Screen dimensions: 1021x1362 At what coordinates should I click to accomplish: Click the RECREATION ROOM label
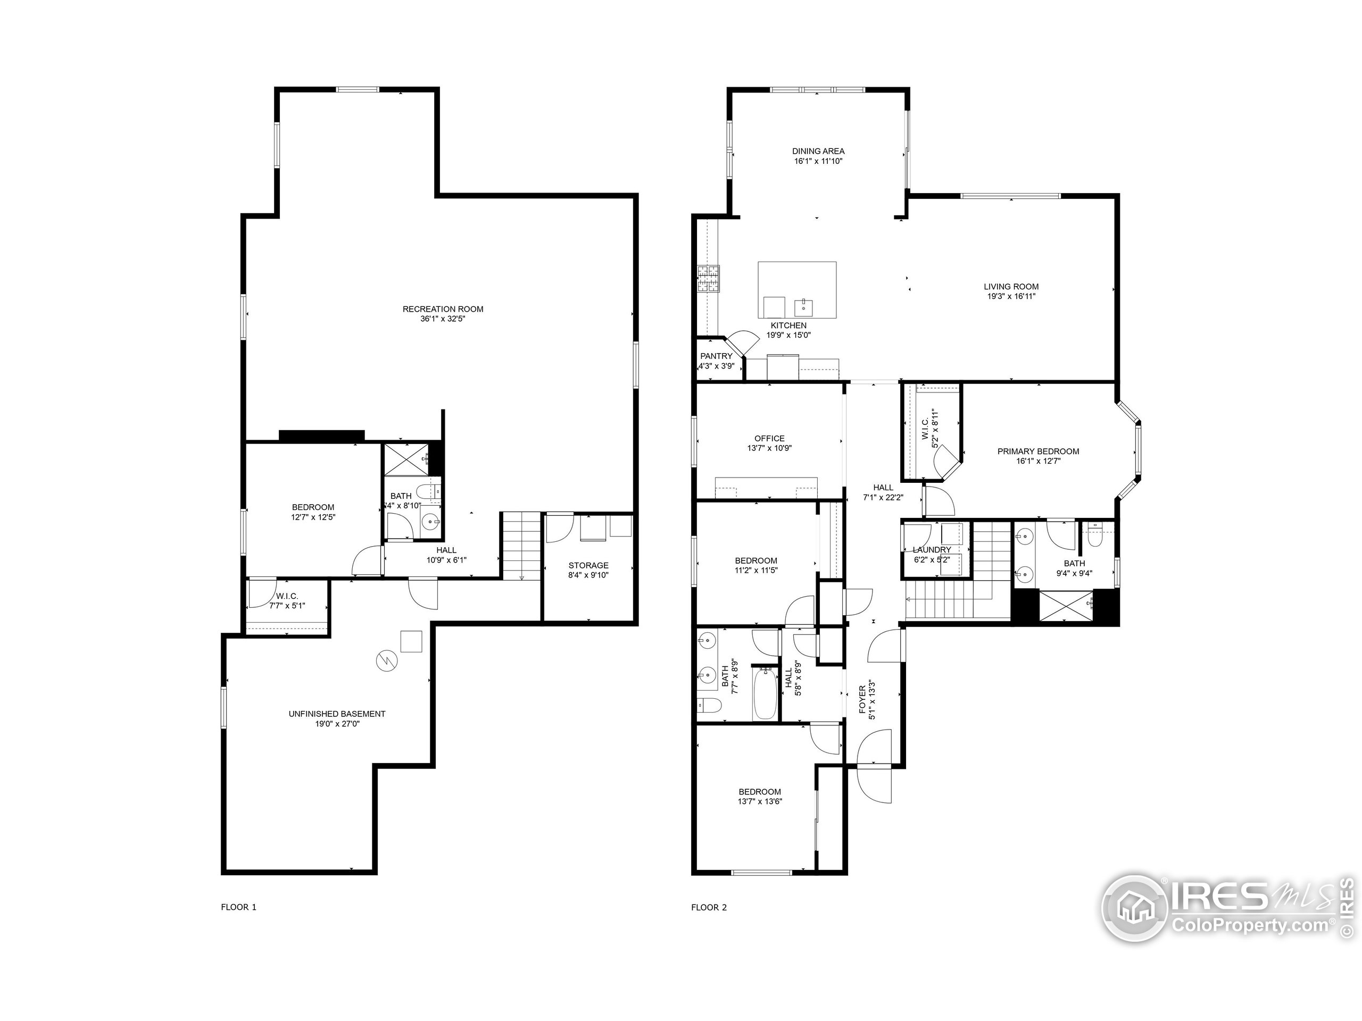(443, 309)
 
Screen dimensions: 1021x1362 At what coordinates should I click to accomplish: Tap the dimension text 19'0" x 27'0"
(337, 724)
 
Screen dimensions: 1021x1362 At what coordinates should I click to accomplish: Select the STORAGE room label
(588, 565)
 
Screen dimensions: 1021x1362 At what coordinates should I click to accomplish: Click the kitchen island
(797, 289)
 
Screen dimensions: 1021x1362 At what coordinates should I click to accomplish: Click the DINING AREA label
(818, 151)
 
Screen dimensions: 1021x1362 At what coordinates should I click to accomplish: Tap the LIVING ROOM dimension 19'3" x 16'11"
(1011, 296)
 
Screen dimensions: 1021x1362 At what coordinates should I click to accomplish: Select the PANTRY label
(716, 356)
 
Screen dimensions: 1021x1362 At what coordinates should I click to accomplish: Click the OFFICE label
(769, 438)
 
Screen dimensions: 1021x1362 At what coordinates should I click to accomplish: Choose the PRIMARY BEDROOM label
(1037, 451)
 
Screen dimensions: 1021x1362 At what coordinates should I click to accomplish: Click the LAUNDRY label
(932, 549)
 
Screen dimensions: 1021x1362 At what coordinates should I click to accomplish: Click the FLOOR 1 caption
(238, 907)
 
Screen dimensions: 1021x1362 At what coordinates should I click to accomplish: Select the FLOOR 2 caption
(709, 907)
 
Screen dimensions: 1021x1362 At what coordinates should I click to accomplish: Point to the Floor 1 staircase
(521, 545)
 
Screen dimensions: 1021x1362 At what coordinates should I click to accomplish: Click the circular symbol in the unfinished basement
(387, 661)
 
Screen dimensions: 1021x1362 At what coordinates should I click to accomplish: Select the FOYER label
(862, 699)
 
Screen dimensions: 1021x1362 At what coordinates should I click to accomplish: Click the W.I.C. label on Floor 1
(287, 596)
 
